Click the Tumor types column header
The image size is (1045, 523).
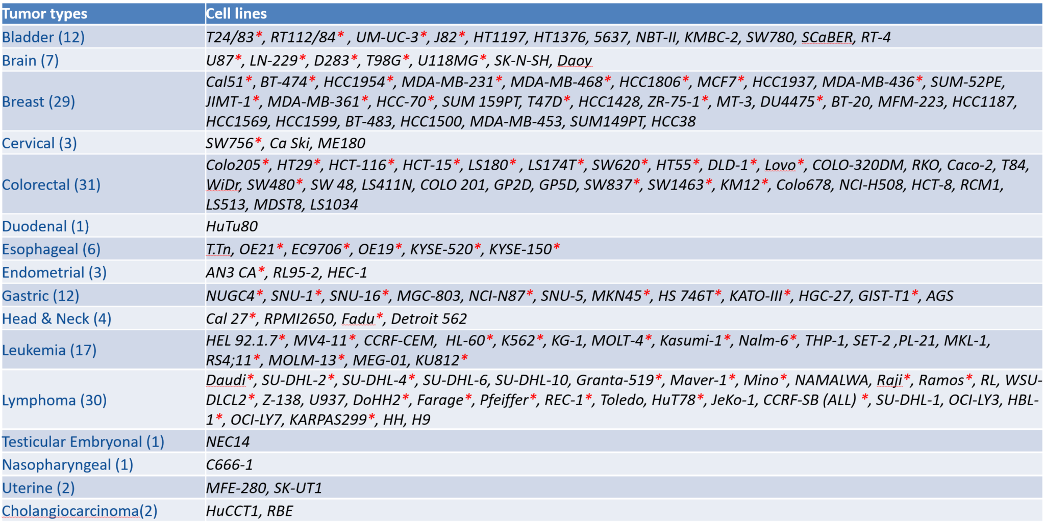(x=45, y=14)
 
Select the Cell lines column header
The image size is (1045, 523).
(x=236, y=14)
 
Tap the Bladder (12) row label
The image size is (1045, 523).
(x=43, y=37)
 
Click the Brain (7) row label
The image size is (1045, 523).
(x=31, y=61)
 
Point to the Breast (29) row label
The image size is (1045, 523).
(x=39, y=102)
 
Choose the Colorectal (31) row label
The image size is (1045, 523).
(x=52, y=185)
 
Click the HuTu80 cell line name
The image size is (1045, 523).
(x=232, y=226)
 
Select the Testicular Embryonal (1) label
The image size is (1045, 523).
(x=83, y=442)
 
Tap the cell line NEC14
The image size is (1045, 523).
(x=228, y=442)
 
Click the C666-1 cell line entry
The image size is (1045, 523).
(x=229, y=465)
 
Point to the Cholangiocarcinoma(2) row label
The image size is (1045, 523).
(x=80, y=511)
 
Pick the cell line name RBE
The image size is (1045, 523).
(x=280, y=511)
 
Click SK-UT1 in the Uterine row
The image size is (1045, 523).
(x=298, y=488)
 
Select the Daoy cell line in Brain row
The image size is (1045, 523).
(x=575, y=61)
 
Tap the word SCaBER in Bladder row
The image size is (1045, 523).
(x=827, y=37)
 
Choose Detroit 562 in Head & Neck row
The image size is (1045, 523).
(x=429, y=319)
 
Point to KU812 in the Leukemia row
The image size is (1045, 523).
(x=437, y=360)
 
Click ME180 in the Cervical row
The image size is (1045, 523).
(x=341, y=143)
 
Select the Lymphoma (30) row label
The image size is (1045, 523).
(x=55, y=400)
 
